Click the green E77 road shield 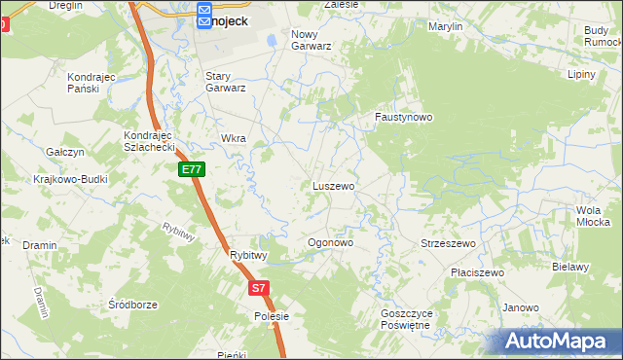click(x=193, y=169)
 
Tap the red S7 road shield click(x=257, y=288)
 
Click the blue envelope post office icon click(x=204, y=15)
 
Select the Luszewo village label click(x=333, y=185)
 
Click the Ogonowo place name click(x=329, y=242)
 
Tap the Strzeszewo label click(x=447, y=243)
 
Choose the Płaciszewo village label click(x=477, y=273)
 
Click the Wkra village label click(x=234, y=138)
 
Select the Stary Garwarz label click(x=225, y=81)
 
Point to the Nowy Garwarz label click(x=311, y=39)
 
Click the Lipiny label click(x=581, y=73)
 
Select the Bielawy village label click(x=570, y=267)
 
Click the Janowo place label click(x=521, y=307)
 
